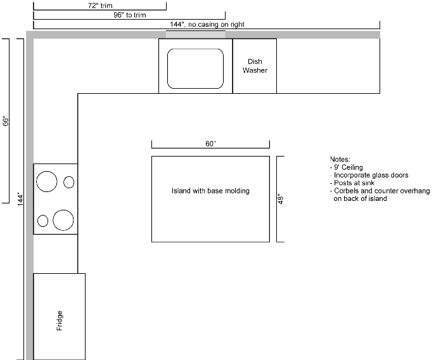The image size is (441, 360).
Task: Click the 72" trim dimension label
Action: click(x=100, y=5)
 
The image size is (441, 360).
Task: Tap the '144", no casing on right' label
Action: click(x=207, y=25)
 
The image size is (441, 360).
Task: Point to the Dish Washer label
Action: click(x=255, y=66)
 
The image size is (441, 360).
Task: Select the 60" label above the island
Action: click(x=210, y=144)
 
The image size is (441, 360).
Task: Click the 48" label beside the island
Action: click(x=279, y=199)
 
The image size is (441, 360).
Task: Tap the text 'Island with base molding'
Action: click(x=210, y=191)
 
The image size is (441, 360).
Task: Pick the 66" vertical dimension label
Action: click(x=5, y=120)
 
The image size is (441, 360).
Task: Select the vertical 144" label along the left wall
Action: click(x=20, y=199)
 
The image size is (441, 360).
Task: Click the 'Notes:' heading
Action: click(x=340, y=158)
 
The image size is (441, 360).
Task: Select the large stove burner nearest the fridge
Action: click(x=63, y=220)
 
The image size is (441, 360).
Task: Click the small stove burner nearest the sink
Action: click(x=68, y=183)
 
